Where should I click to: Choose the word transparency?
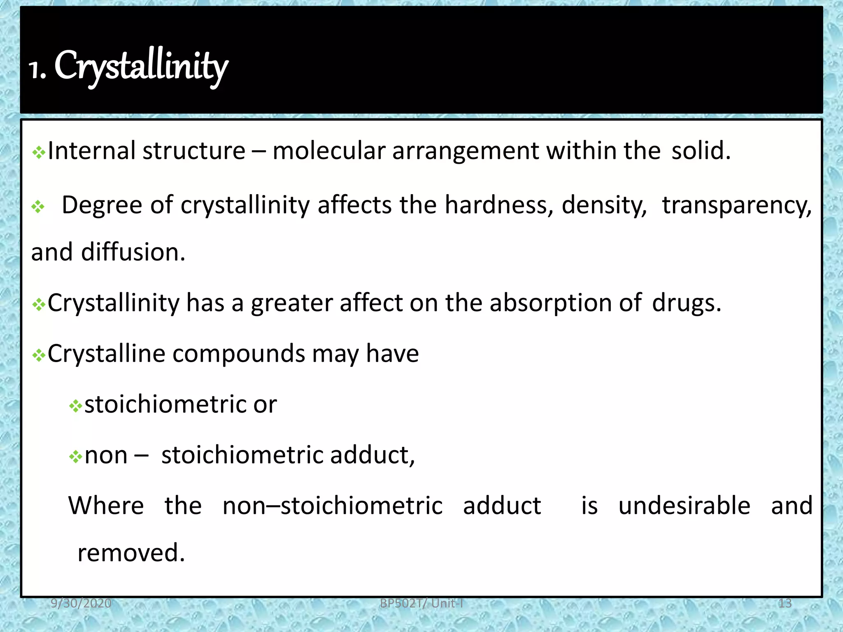coord(736,206)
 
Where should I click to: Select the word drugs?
coord(686,304)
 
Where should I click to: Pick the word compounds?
coord(239,354)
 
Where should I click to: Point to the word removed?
coord(131,553)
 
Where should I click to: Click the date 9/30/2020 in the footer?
coord(81,603)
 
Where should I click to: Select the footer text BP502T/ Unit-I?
coord(421,603)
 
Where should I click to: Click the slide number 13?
coord(785,603)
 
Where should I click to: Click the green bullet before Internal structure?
coord(39,153)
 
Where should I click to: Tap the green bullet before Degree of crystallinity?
coord(38,207)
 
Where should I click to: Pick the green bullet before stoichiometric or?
coord(75,407)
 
